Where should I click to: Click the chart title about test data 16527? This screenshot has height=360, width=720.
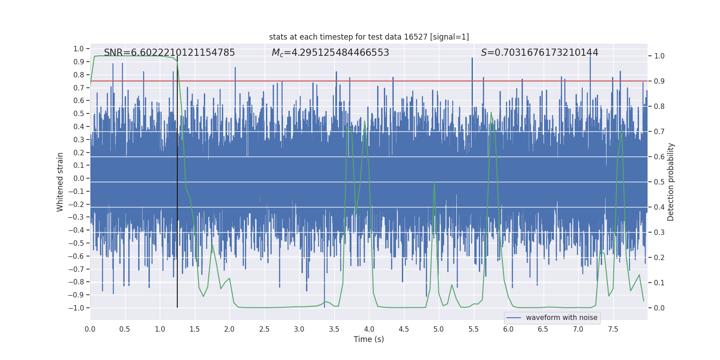point(369,37)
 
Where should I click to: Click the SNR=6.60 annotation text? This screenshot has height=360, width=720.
point(169,53)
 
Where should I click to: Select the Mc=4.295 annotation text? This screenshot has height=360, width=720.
point(330,53)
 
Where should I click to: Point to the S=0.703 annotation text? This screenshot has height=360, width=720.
point(540,53)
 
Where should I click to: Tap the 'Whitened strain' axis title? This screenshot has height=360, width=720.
point(60,182)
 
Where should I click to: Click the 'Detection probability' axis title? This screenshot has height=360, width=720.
point(671,182)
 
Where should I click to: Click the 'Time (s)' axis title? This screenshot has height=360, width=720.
point(369,339)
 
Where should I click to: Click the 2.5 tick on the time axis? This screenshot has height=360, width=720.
point(264,329)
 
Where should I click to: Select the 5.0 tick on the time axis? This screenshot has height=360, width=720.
point(438,329)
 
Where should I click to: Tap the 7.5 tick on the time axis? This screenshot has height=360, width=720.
point(613,329)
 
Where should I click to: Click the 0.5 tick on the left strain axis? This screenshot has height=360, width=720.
point(79,113)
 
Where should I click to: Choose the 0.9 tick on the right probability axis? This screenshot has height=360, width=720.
point(659,81)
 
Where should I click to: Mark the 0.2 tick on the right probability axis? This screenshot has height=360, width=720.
point(659,257)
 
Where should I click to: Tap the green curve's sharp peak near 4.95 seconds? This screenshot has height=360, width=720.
point(434,181)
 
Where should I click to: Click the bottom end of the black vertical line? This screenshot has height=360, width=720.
point(177,307)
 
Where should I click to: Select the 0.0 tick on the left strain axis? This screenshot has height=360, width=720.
point(79,178)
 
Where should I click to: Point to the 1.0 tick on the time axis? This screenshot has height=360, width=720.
point(160,329)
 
